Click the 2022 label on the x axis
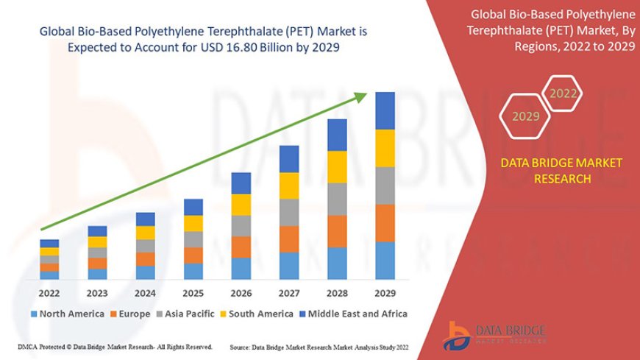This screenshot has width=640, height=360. pos(49,292)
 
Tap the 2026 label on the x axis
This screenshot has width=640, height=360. pos(241,292)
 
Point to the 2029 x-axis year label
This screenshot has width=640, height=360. pos(385,292)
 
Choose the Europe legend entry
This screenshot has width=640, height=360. pos(132,314)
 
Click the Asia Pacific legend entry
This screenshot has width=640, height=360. pos(192,314)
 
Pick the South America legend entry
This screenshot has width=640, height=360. pos(259,314)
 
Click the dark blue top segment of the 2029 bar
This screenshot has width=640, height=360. pos(385,110)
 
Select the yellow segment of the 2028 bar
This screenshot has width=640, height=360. pos(337,167)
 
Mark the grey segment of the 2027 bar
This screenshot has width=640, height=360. pos(289,212)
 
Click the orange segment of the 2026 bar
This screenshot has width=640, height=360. pos(241,247)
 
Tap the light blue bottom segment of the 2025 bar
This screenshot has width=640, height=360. pos(193,272)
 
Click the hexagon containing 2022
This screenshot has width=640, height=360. pos(563,94)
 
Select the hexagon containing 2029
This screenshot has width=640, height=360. pos(526,116)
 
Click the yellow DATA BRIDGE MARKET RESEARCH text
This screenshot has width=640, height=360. pos(561,170)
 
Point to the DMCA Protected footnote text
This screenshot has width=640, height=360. pos(114,346)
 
